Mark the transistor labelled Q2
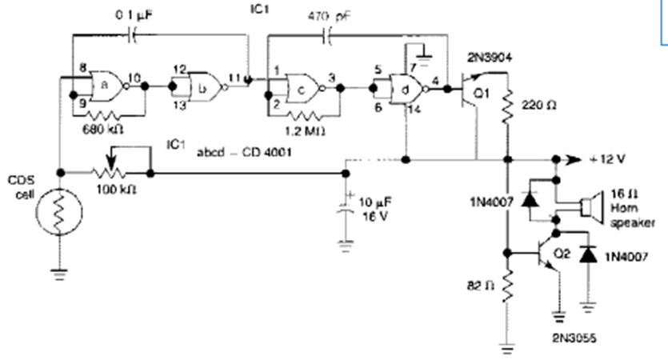pos(548,254)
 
